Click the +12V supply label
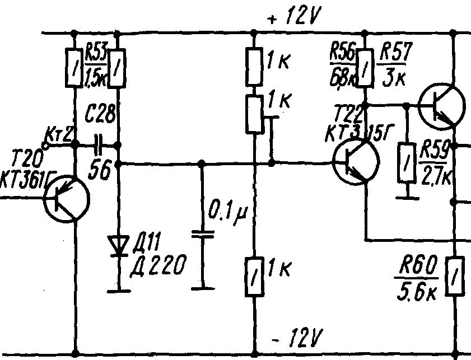(x=293, y=18)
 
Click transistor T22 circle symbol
(x=355, y=162)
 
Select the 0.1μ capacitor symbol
(x=202, y=233)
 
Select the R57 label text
(x=395, y=55)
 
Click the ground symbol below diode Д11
(x=119, y=289)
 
